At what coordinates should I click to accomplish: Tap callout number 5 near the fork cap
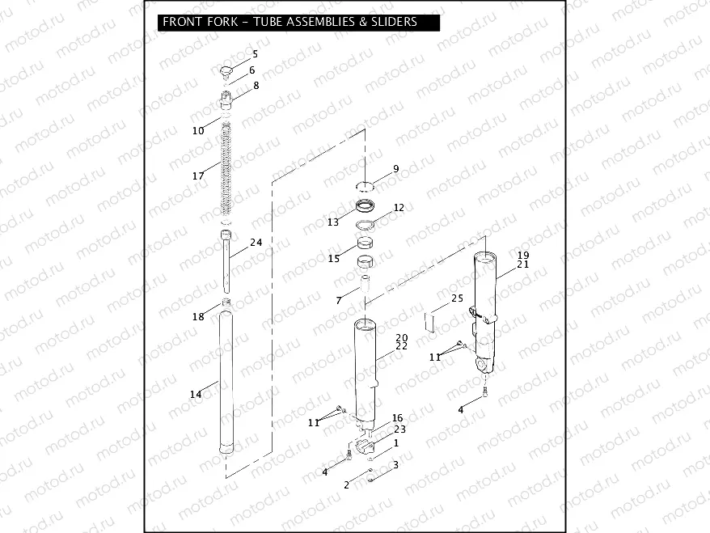tap(255, 54)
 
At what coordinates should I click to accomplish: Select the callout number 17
tap(198, 176)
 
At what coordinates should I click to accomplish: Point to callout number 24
tap(256, 243)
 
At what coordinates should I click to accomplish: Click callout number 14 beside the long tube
tap(196, 395)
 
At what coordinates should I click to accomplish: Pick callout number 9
tap(395, 169)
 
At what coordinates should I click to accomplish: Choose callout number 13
tap(333, 222)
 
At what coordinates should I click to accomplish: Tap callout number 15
tap(334, 259)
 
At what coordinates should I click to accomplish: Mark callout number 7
tap(339, 300)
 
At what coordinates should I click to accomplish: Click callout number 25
tap(457, 298)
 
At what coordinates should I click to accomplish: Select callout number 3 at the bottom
tap(395, 465)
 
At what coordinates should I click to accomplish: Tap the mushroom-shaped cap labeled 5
tap(225, 72)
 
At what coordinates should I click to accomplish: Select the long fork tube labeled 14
tap(226, 384)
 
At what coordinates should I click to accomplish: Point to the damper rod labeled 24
tap(226, 263)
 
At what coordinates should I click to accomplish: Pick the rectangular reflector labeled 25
tap(433, 321)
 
